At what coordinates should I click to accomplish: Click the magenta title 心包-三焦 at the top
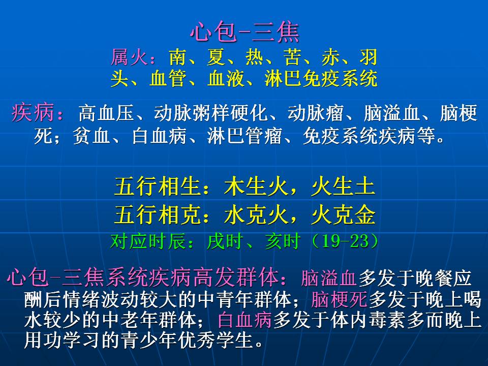coord(245,32)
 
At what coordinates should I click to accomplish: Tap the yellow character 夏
coord(216,57)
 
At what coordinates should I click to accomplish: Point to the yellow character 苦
coord(292,57)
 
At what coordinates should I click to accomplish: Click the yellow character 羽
coord(369,57)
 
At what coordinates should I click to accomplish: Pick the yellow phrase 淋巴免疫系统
coord(321,78)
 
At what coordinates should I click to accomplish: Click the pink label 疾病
coord(32,112)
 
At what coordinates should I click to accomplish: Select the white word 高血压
coord(106,113)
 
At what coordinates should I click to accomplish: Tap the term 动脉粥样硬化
coord(210,113)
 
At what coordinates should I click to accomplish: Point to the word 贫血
coord(91,136)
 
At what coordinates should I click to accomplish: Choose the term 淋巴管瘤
coord(245,136)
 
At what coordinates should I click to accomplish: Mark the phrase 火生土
coord(343,187)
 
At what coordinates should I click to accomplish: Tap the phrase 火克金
coord(343,215)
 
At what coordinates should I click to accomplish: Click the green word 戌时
coord(225,241)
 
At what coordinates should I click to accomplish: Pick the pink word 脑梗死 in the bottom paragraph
coord(340,299)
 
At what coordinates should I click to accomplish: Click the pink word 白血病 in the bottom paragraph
coord(245,320)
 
